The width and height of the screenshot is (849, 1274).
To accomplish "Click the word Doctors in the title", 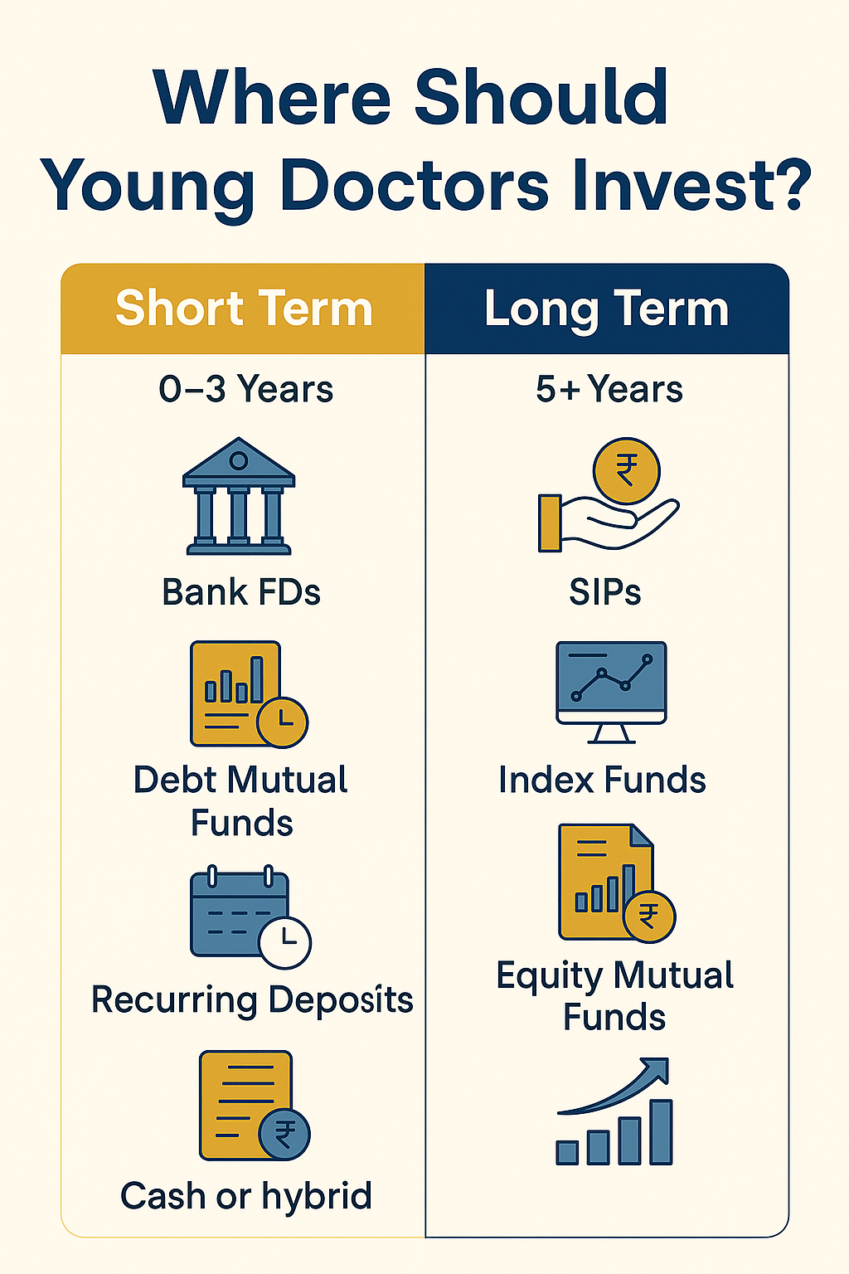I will coord(414,186).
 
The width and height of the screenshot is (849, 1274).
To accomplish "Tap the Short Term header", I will coord(244,309).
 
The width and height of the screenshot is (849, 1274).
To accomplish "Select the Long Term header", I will coord(606,309).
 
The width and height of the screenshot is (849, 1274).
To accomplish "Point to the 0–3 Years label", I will coord(245,389).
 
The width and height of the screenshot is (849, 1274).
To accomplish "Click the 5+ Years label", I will coord(609,389).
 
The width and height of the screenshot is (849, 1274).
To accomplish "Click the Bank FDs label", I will coord(241,592).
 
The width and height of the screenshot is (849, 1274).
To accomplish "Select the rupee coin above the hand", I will coord(626,471).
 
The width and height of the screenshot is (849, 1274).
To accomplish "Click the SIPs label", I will coord(605,592).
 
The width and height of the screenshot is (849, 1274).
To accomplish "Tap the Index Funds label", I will coord(602,780).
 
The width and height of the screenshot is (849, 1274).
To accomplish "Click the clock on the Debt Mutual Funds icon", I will coord(283,722).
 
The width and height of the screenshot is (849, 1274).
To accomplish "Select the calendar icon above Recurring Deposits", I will coord(240,912).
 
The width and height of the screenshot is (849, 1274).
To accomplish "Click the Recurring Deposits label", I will coord(252,999).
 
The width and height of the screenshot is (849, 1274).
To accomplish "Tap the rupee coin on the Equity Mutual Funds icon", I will coord(649,917).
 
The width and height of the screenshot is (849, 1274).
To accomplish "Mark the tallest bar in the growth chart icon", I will coord(661,1132).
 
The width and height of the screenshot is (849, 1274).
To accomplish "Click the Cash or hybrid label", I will coord(246,1196).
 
